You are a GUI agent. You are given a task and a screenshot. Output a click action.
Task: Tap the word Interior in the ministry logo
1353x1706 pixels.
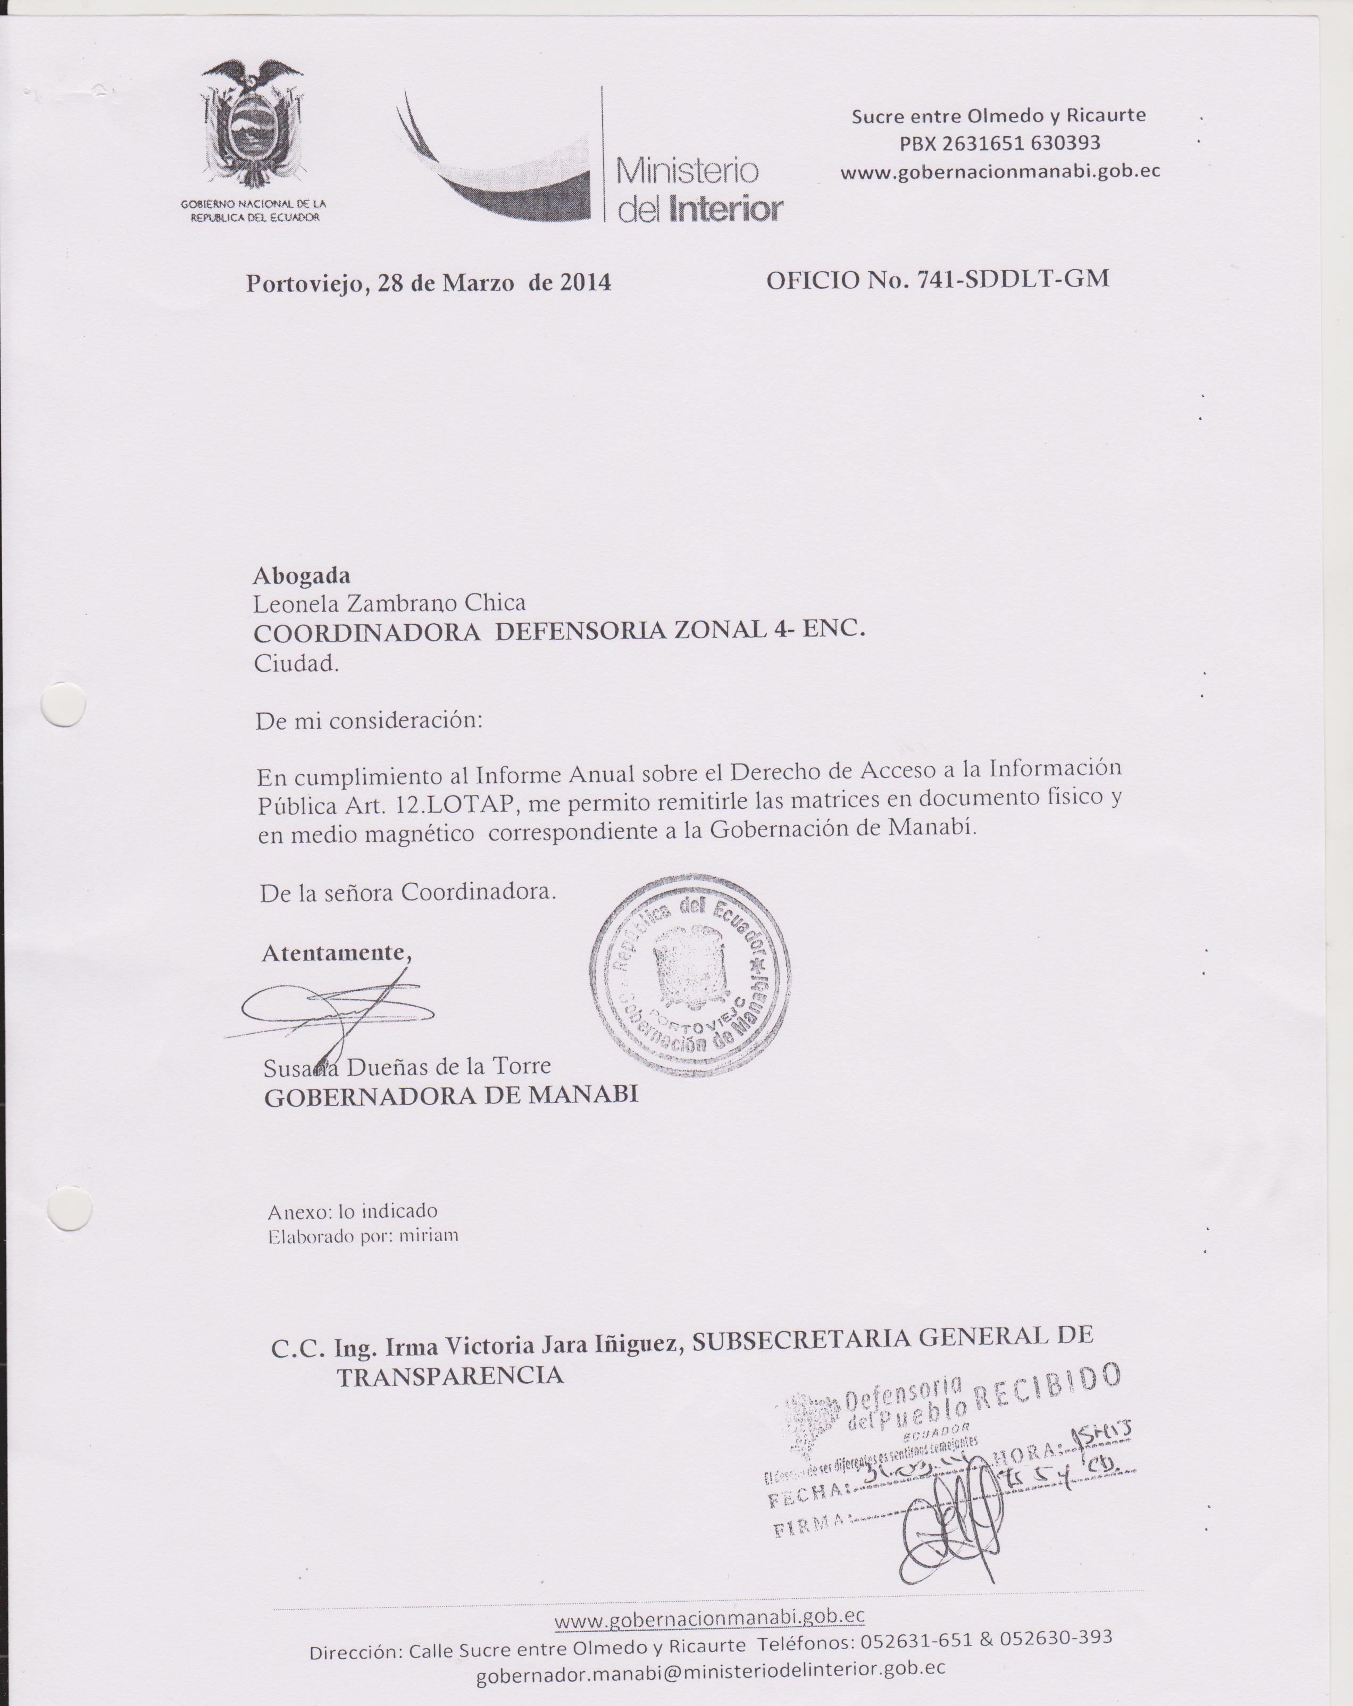[725, 209]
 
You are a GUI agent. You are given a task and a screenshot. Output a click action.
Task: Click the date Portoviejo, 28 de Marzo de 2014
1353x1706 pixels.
[428, 283]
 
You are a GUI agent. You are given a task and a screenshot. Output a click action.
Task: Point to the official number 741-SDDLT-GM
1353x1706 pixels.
[1013, 279]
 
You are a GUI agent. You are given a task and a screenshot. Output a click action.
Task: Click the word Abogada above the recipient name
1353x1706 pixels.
[302, 576]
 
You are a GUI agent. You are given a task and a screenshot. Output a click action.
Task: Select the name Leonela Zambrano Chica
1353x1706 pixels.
[389, 604]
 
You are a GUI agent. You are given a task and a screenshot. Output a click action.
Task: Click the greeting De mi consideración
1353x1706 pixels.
[368, 721]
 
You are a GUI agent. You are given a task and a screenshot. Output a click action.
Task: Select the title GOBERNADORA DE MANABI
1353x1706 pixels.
[451, 1096]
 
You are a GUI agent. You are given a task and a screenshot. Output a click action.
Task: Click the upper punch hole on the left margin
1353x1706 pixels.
[63, 704]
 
